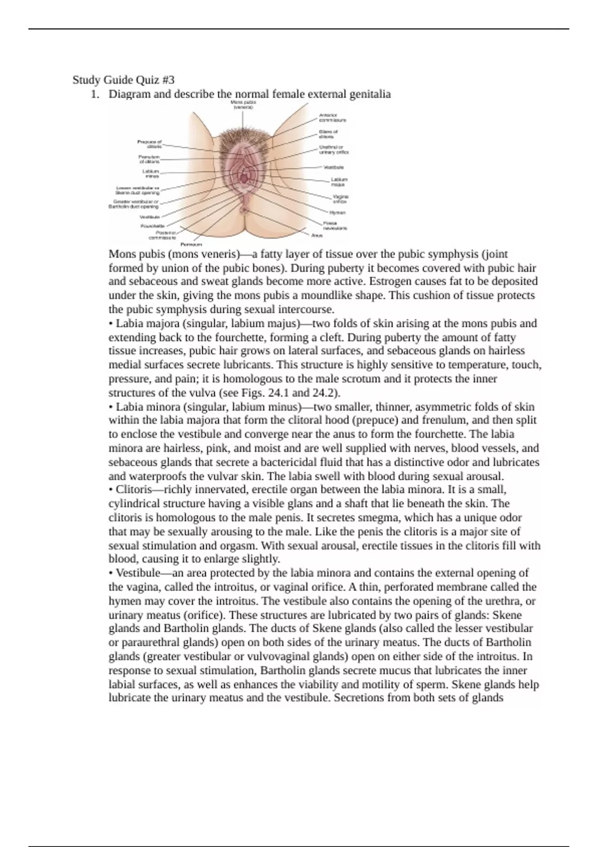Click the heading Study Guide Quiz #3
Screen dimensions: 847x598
(124, 80)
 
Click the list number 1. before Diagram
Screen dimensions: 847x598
(95, 94)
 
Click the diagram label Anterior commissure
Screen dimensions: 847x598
(332, 118)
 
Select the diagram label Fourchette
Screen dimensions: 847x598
(152, 226)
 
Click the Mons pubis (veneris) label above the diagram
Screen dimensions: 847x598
(243, 105)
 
